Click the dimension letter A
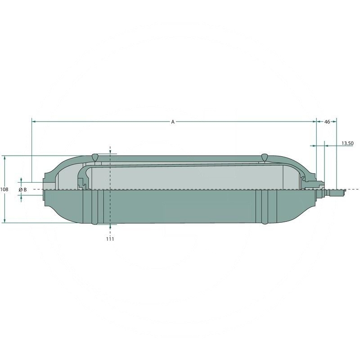tap(173, 121)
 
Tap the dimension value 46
tap(327, 121)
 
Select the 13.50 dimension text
tap(347, 143)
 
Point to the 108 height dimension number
tap(4, 189)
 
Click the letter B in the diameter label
tap(25, 189)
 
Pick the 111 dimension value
tap(110, 239)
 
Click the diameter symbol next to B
tap(20, 189)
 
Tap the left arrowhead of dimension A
tap(33, 121)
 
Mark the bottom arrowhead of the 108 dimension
tap(4, 221)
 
